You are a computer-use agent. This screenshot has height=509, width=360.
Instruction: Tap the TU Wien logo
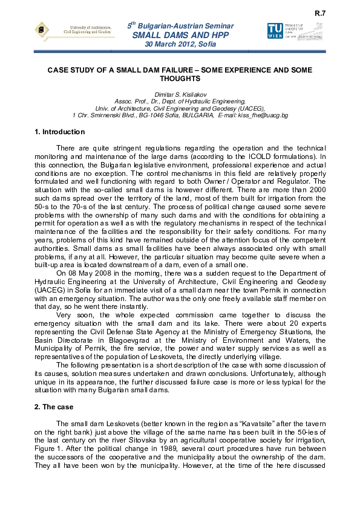pos(274,31)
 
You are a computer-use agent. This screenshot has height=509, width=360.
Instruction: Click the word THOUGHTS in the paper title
pos(180,79)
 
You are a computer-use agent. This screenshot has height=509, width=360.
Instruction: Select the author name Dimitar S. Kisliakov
pos(180,95)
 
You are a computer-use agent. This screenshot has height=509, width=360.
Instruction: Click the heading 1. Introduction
pos(60,132)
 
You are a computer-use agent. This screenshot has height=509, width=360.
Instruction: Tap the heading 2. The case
pos(54,407)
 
